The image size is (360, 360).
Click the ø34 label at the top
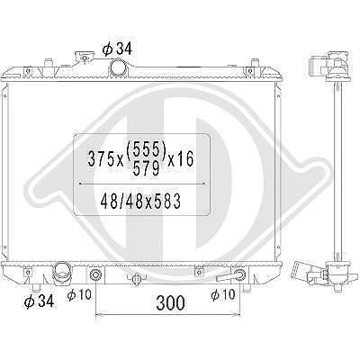pyautogui.click(x=117, y=49)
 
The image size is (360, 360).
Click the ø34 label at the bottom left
pyautogui.click(x=39, y=301)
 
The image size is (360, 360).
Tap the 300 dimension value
pyautogui.click(x=170, y=302)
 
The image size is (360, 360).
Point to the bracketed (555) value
pyautogui.click(x=147, y=150)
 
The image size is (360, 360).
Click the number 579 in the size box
pyautogui.click(x=146, y=170)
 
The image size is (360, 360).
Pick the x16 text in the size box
pyautogui.click(x=181, y=158)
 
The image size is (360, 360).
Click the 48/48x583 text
pyautogui.click(x=140, y=201)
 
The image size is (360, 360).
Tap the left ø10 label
pyautogui.click(x=79, y=294)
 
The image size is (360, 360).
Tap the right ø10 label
pyautogui.click(x=223, y=294)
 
